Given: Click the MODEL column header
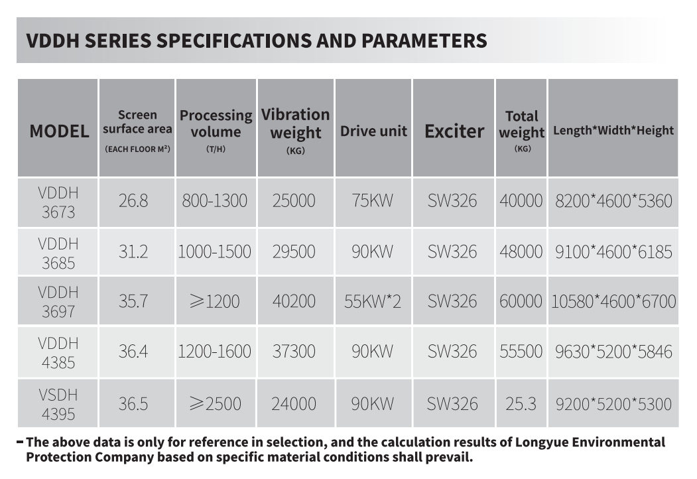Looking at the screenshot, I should tap(58, 131).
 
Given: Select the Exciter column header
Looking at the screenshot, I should tap(454, 131).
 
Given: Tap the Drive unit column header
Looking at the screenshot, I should tap(373, 131).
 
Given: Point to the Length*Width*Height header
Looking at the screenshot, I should tap(613, 131).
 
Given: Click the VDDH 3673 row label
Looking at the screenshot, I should tap(58, 202).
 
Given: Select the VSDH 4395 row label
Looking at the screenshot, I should tap(58, 404).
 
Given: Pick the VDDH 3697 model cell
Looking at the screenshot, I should tap(58, 301).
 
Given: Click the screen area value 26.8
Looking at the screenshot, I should tap(133, 200).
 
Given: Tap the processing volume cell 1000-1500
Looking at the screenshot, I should tap(214, 251).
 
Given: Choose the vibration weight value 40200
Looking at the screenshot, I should tap(294, 301).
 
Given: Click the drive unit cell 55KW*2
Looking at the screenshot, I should tap(373, 301).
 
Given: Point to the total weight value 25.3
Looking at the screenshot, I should tap(521, 403).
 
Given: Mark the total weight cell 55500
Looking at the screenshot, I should tap(521, 352).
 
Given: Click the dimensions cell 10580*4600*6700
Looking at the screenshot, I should tap(613, 301).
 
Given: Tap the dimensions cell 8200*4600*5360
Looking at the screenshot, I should tap(613, 200).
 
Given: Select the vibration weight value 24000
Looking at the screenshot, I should tap(294, 403).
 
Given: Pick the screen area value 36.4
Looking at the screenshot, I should tap(133, 352).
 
